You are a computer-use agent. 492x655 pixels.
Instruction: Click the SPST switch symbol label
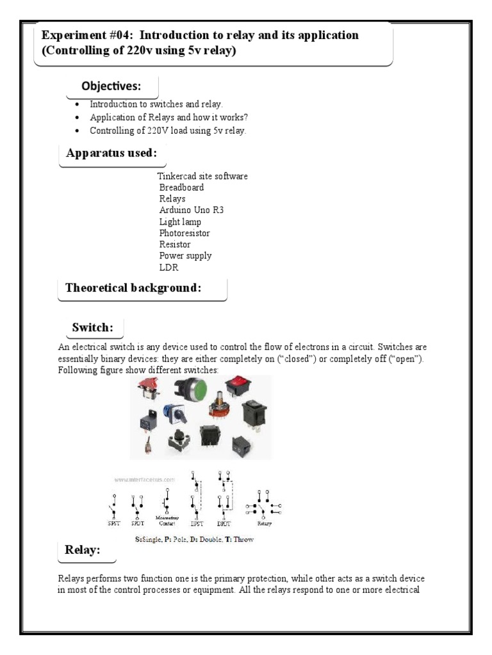point(113,523)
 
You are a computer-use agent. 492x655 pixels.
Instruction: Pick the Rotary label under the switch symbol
point(265,523)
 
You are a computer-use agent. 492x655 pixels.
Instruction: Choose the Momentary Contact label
point(166,521)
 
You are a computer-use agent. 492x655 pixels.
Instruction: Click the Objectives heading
point(111,86)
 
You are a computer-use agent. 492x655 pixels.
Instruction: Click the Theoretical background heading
point(133,288)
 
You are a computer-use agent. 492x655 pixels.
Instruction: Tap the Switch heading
point(92,327)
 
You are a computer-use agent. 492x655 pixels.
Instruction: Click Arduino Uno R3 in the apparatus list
point(192,210)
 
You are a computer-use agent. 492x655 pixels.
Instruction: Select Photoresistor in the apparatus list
point(184,233)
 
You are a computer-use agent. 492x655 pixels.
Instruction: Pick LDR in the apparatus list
point(168,267)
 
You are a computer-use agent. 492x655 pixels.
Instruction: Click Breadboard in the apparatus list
point(182,187)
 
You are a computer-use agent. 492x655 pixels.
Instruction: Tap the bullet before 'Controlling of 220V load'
point(78,130)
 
